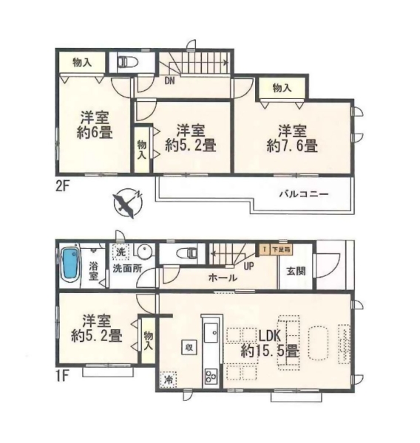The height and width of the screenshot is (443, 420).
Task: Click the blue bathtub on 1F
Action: coord(70,264)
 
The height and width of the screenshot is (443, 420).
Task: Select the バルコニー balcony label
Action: coord(303,195)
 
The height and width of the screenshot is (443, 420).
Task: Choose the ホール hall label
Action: coord(223,278)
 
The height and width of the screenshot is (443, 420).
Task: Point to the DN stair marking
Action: coord(169,82)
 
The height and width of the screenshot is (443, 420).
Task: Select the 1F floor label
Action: coord(62,376)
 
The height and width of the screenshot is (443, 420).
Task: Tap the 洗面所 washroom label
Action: coord(127,268)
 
